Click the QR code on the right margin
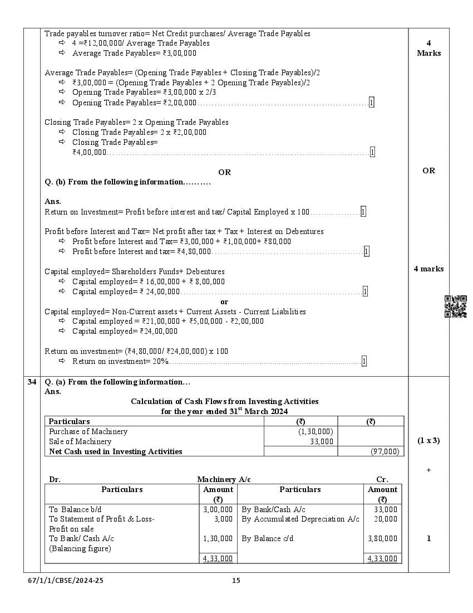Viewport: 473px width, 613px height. (455, 306)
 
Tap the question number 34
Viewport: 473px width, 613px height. (32, 382)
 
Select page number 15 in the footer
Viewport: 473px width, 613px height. (236, 581)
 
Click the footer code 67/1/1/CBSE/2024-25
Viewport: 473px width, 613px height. (66, 581)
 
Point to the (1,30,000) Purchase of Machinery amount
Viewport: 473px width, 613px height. (316, 431)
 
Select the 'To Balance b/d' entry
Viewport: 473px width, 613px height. (75, 509)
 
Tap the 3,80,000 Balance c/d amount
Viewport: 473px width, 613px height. (382, 538)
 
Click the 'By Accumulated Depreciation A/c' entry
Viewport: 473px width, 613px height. (300, 519)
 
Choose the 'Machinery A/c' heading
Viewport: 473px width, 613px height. (220, 479)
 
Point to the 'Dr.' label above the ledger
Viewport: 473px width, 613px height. (55, 479)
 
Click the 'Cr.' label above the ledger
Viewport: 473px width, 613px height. (382, 479)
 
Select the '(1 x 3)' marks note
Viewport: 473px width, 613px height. (428, 440)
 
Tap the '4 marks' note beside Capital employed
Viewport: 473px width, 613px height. (428, 269)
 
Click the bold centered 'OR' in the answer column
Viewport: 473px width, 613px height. (224, 172)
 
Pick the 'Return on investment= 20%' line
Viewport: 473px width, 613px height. (120, 361)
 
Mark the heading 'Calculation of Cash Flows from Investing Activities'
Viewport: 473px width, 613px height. (225, 401)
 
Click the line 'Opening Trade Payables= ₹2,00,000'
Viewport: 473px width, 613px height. (134, 103)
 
